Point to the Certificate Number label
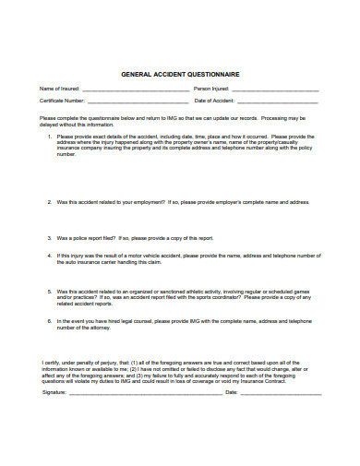coord(63,100)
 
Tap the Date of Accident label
coord(215,100)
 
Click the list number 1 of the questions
coord(49,136)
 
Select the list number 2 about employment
coord(49,201)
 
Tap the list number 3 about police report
coord(49,236)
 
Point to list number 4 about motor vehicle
coord(49,254)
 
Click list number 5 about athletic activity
coord(49,289)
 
